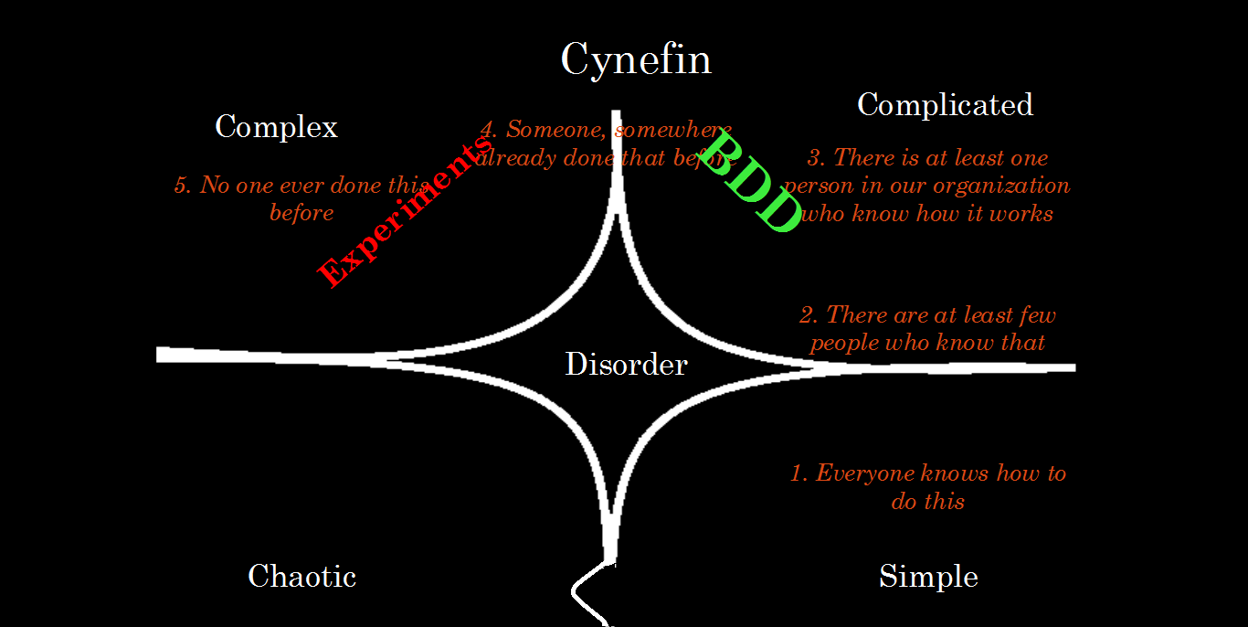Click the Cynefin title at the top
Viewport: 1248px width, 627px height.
(635, 61)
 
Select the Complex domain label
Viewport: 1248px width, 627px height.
(276, 127)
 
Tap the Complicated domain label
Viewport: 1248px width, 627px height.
(945, 105)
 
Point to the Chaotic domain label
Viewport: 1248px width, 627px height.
(301, 577)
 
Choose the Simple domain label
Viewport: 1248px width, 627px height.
(928, 577)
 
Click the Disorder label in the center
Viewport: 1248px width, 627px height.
(626, 365)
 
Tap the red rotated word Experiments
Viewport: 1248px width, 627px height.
(402, 215)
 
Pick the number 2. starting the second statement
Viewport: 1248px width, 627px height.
(809, 315)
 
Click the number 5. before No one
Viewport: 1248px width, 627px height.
(184, 186)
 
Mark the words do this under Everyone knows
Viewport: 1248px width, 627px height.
(927, 502)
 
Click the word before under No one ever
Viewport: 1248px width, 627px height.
(301, 214)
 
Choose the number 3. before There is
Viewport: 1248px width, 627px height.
(817, 158)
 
